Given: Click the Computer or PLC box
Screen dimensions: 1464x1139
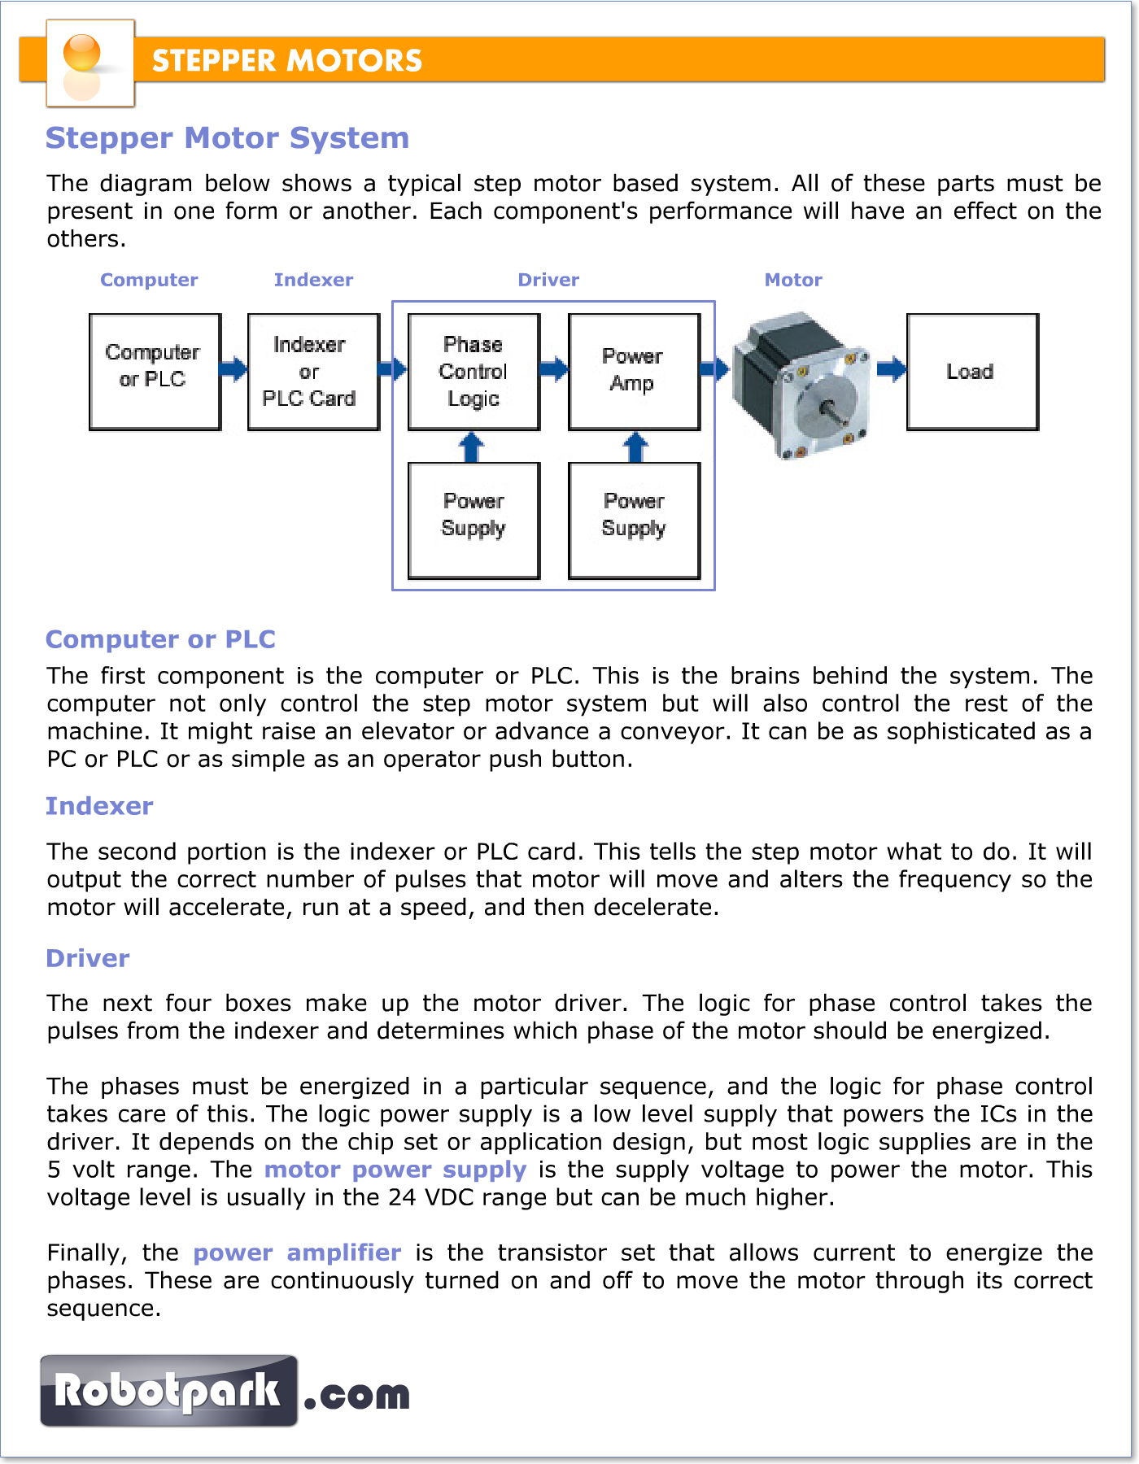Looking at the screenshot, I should pyautogui.click(x=155, y=372).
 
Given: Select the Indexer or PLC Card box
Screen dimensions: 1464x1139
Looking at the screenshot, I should pyautogui.click(x=313, y=372).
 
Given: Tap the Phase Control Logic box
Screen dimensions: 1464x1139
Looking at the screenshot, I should pyautogui.click(x=473, y=372).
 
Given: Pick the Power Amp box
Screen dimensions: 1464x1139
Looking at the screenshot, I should pyautogui.click(x=634, y=372).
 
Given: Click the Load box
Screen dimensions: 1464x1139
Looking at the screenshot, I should pyautogui.click(x=972, y=372).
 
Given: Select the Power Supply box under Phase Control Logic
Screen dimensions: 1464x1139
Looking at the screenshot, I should pyautogui.click(x=473, y=521).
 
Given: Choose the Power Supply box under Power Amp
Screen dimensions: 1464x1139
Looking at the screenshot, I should pyautogui.click(x=634, y=521).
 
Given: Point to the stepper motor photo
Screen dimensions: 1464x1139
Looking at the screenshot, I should pyautogui.click(x=801, y=386).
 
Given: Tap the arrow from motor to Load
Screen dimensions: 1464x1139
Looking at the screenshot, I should pyautogui.click(x=892, y=369).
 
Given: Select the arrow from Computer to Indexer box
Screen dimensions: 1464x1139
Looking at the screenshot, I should pyautogui.click(x=234, y=369).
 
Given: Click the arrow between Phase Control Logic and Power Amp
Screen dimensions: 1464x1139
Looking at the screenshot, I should pyautogui.click(x=555, y=369).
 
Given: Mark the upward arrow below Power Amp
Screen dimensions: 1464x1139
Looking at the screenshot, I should pyautogui.click(x=635, y=447).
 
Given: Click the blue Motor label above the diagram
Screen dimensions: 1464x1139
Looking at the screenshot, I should pyautogui.click(x=793, y=280).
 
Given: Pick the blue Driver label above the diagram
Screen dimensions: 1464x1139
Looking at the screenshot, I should pyautogui.click(x=548, y=280).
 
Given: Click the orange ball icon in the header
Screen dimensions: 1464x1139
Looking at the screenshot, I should pyautogui.click(x=81, y=53).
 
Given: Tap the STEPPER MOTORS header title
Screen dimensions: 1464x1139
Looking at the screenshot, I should pyautogui.click(x=287, y=61).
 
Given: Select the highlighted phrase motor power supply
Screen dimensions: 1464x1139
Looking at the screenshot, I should pyautogui.click(x=395, y=1170).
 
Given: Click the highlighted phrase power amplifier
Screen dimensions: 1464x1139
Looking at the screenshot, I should pyautogui.click(x=297, y=1253).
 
